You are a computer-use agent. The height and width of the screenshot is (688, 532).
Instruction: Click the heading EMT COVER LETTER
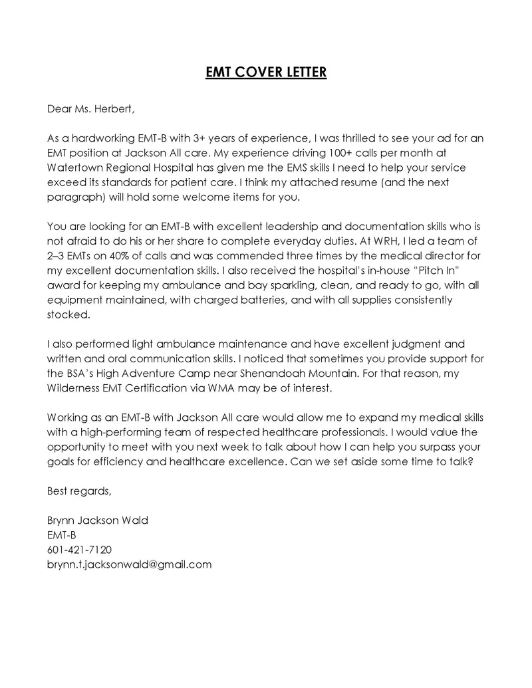(266, 72)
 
